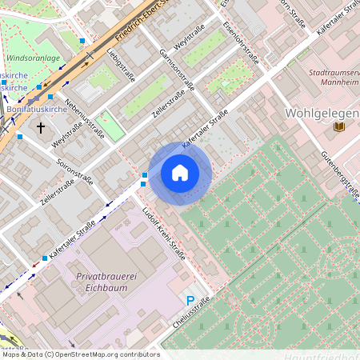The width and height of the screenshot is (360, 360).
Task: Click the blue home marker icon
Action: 180,173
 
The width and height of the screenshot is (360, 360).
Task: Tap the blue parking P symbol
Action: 190,301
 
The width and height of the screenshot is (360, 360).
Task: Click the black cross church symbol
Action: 41,126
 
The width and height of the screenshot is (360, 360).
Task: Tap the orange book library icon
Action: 339,126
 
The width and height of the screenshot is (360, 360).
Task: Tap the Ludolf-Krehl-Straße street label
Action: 163,233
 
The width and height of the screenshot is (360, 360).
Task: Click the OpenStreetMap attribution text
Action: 80,354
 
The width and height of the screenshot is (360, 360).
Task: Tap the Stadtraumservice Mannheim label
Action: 333,78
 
